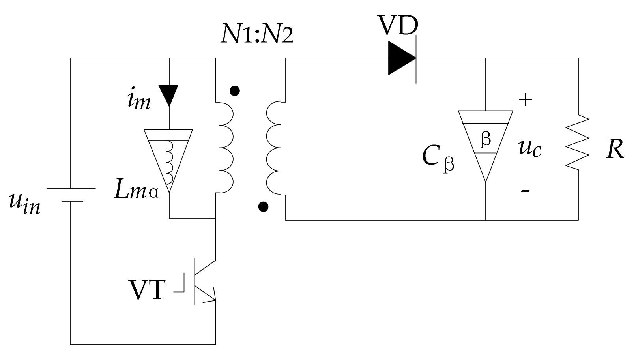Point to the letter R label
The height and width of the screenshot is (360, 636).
point(614,150)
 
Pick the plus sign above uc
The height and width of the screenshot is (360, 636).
point(525,99)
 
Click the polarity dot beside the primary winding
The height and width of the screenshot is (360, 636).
point(235,91)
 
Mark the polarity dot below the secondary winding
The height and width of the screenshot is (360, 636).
point(263,206)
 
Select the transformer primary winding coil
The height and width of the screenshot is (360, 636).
point(226,148)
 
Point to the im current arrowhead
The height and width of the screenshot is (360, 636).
point(168,95)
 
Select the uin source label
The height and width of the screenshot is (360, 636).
point(24,204)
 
